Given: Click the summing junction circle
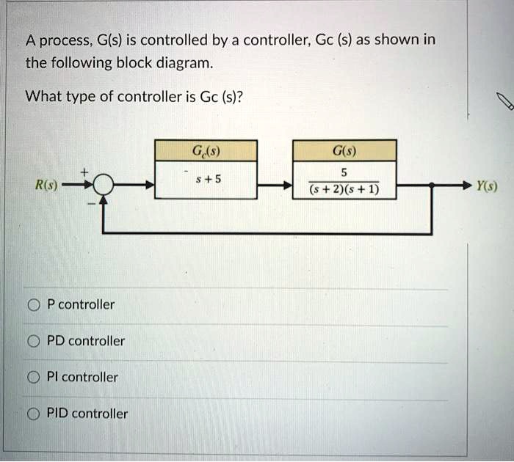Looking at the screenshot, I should (x=103, y=187).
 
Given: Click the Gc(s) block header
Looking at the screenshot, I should (x=206, y=152).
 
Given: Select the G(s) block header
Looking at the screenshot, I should (x=344, y=152).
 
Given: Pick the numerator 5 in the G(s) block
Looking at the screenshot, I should (x=345, y=174).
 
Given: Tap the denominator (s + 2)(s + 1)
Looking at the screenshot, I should (x=344, y=192).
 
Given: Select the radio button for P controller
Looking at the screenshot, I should (x=34, y=304).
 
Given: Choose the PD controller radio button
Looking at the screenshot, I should (x=34, y=341).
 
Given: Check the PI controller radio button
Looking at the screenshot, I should (x=34, y=378).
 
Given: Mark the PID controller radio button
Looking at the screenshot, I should (x=34, y=414).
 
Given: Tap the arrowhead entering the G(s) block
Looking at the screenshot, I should (x=288, y=187).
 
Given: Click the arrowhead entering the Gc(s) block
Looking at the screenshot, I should (x=150, y=187).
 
